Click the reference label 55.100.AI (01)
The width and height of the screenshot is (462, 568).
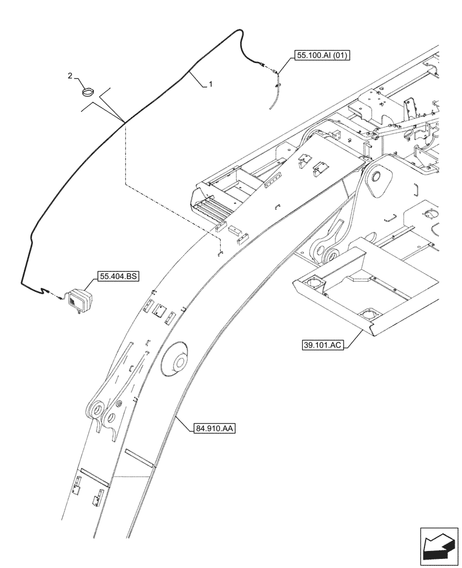pyautogui.click(x=322, y=55)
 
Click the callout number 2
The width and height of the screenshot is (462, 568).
pyautogui.click(x=70, y=76)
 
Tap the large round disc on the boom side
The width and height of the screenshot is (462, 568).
pyautogui.click(x=176, y=360)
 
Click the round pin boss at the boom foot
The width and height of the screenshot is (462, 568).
pyautogui.click(x=377, y=179)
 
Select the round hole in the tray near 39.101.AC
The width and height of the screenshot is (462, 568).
pyautogui.click(x=369, y=314)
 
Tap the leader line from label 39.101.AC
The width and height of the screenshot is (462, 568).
pyautogui.click(x=349, y=339)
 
